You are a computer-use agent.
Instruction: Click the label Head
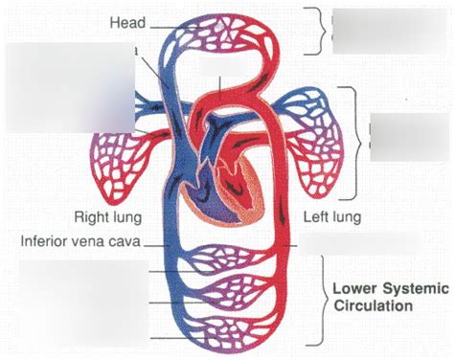[127, 21]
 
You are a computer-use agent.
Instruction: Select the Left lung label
[332, 216]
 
